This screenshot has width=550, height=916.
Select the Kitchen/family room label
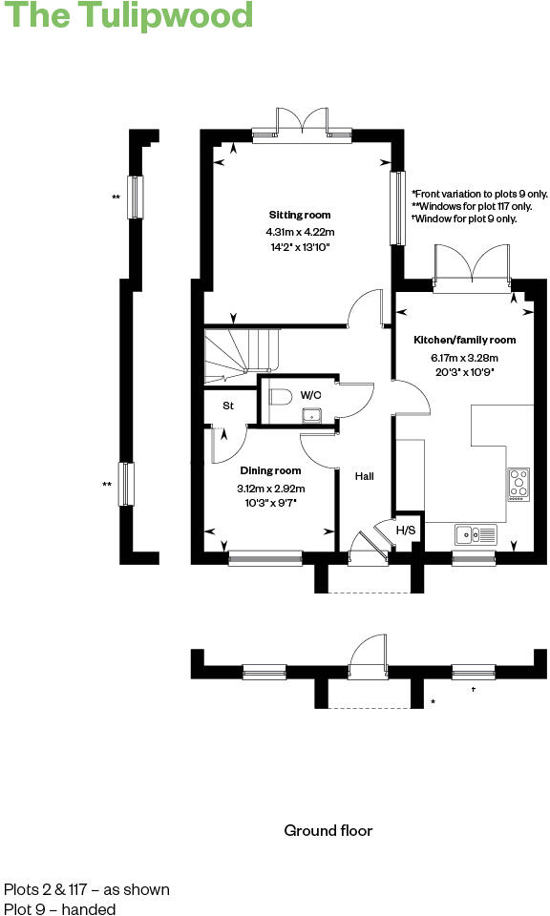464,340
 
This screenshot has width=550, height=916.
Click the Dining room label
270,470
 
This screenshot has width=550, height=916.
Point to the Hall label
365,476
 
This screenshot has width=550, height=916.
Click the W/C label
311,394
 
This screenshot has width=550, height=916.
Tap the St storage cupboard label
228,406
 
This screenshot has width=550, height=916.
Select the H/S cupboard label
406,531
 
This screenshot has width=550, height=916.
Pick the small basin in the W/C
310,414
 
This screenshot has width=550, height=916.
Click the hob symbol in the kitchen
518,485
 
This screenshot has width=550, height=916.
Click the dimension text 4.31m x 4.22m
300,232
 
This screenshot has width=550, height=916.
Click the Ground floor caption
328,830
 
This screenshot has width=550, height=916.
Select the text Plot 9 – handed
60,909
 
